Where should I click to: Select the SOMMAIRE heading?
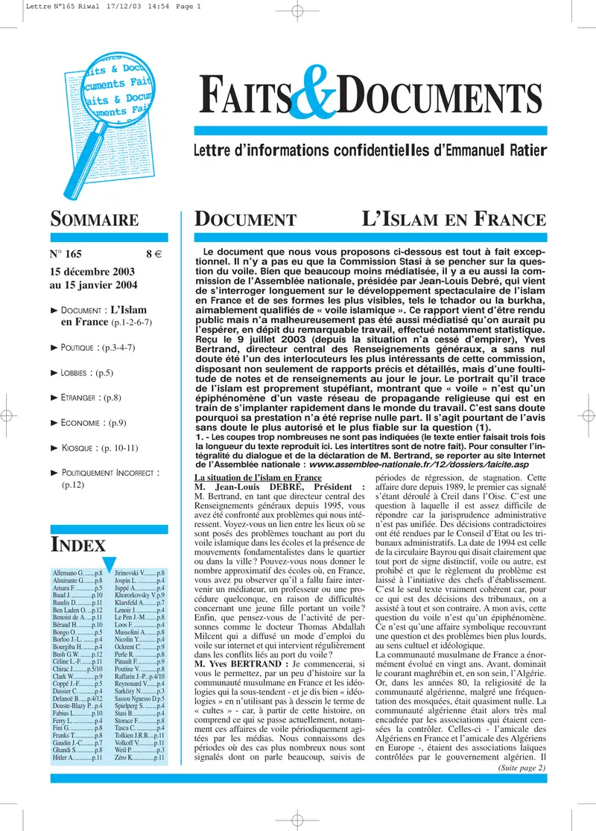tap(94, 220)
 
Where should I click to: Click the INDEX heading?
tap(77, 544)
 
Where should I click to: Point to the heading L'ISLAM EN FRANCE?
tap(454, 220)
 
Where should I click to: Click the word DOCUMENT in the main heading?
tap(245, 220)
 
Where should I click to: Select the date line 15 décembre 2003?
tap(92, 272)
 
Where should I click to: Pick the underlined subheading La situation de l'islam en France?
tap(258, 477)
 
